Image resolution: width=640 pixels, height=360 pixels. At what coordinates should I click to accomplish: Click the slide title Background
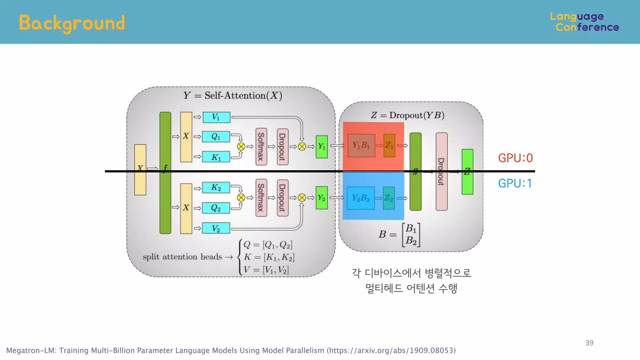coord(72,23)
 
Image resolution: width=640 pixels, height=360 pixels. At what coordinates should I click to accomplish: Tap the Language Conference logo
coord(584,22)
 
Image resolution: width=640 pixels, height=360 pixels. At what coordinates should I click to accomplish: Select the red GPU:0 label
coord(515,158)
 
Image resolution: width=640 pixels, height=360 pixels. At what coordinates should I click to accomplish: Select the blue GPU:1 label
coord(515,183)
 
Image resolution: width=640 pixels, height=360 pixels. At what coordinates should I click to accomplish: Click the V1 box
coord(216,117)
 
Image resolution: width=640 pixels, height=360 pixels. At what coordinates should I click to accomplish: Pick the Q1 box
coord(216,137)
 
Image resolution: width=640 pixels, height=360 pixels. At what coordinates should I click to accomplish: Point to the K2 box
coord(216,187)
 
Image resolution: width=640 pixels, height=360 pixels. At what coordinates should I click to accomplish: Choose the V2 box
coord(216,228)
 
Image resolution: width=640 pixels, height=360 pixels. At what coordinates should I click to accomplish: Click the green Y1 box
coord(322,147)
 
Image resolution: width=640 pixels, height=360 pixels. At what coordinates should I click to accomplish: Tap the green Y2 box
coord(322,198)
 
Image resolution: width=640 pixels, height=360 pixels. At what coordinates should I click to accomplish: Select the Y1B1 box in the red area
coord(361,145)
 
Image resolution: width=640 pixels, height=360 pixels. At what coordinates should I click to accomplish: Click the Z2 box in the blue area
coord(389,198)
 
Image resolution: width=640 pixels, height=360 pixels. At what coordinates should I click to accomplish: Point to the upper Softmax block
coord(261,147)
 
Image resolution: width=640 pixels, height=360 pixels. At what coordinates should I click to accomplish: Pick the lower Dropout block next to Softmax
coord(282,198)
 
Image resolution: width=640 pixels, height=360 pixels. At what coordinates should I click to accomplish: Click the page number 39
coord(589,343)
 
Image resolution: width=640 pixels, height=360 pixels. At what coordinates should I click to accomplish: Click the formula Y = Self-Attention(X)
coord(233,95)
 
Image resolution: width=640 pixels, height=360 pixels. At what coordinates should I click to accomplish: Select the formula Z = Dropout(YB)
coord(407,115)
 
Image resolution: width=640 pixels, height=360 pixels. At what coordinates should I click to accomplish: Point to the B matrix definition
coord(399,234)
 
